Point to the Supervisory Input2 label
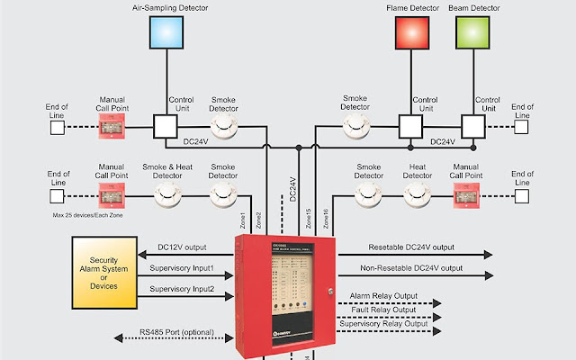[x=182, y=289]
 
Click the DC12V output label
[x=182, y=246]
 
